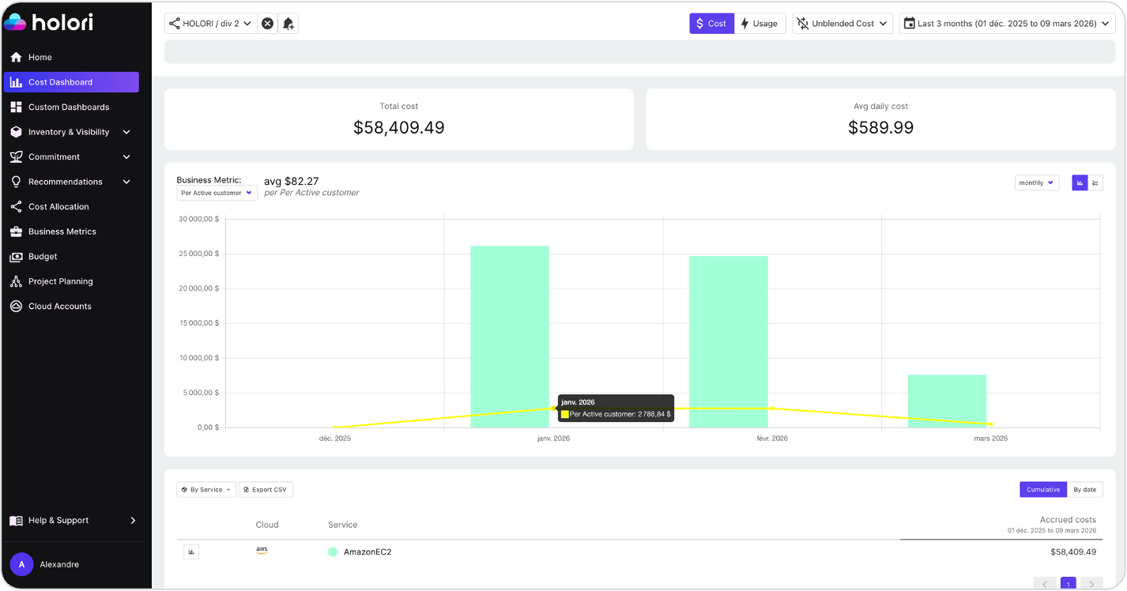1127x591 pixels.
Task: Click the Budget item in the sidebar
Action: click(x=43, y=257)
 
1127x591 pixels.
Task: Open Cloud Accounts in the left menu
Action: click(x=59, y=307)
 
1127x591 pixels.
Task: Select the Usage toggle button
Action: click(x=759, y=24)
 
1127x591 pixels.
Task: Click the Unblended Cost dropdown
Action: click(x=842, y=24)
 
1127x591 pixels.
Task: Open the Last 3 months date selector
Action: click(x=1007, y=24)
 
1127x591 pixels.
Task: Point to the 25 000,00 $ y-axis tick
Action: click(x=198, y=254)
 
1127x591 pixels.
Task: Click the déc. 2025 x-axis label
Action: click(x=335, y=438)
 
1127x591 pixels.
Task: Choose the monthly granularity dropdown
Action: click(x=1036, y=183)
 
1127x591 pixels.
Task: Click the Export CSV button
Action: click(x=266, y=490)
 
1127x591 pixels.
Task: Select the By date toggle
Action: click(x=1084, y=490)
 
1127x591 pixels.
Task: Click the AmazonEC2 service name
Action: click(x=367, y=552)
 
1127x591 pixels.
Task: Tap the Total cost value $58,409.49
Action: click(x=398, y=127)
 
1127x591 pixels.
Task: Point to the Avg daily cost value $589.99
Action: click(x=880, y=127)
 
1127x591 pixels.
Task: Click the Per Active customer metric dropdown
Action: click(x=217, y=193)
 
